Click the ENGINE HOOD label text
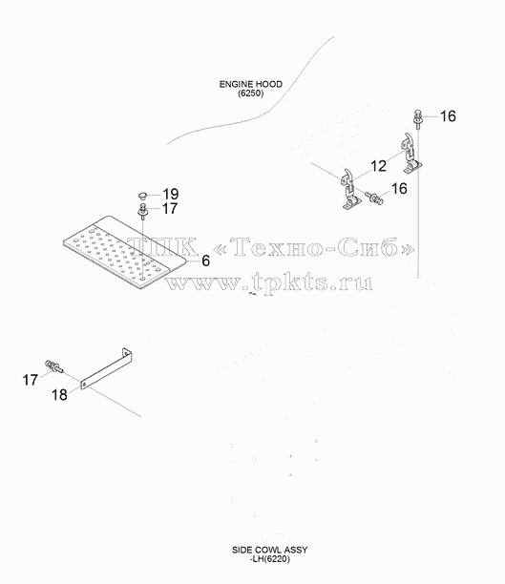pyautogui.click(x=250, y=84)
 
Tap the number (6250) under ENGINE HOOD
pyautogui.click(x=251, y=94)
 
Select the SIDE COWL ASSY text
pyautogui.click(x=270, y=550)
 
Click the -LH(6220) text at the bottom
pyautogui.click(x=270, y=558)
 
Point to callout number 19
pyautogui.click(x=170, y=194)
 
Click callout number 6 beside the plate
pyautogui.click(x=206, y=261)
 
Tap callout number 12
pyautogui.click(x=378, y=166)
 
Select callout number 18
pyautogui.click(x=59, y=395)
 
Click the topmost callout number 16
pyautogui.click(x=448, y=116)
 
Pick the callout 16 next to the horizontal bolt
pyautogui.click(x=400, y=188)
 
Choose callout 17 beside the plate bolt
pyautogui.click(x=170, y=209)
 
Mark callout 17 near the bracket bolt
pyautogui.click(x=31, y=381)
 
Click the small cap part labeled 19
pyautogui.click(x=142, y=195)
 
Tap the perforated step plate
pyautogui.click(x=124, y=251)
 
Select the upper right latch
pyautogui.click(x=411, y=154)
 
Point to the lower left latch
pyautogui.click(x=350, y=189)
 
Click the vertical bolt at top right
pyautogui.click(x=418, y=119)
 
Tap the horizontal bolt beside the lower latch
pyautogui.click(x=374, y=198)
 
